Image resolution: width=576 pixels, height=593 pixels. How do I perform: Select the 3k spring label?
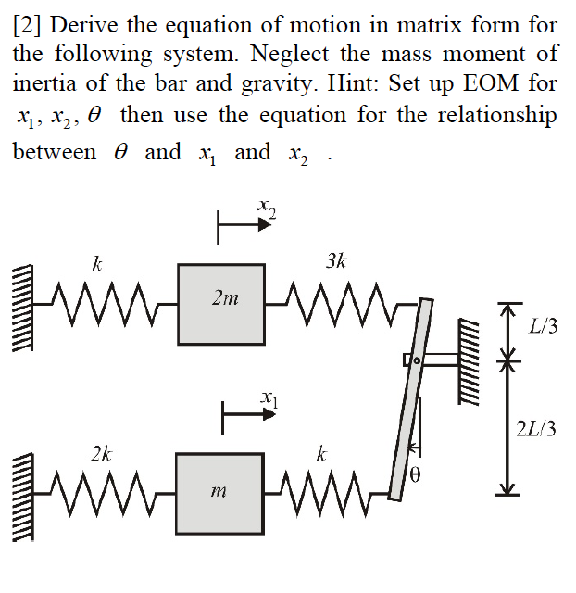337,261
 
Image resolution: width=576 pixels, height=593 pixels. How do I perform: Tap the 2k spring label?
102,454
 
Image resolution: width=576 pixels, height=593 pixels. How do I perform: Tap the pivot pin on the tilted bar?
417,359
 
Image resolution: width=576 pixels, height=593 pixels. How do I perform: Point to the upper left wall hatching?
21,296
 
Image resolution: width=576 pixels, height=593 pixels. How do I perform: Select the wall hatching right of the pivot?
470,361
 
